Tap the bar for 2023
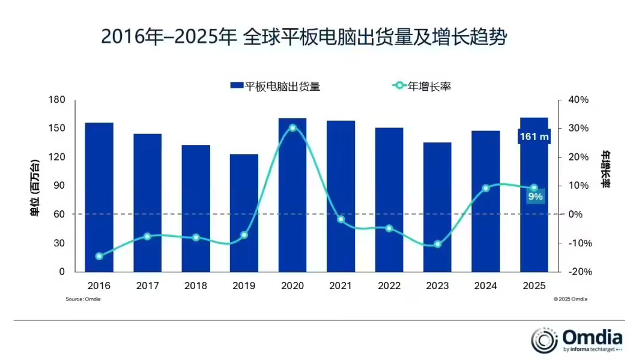coord(437,207)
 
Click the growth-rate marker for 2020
coord(292,127)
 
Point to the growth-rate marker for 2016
coord(99,256)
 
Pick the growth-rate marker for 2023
coord(437,244)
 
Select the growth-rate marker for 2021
coord(341,219)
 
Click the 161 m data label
coord(534,137)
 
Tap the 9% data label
coord(535,197)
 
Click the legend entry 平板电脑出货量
coord(275,87)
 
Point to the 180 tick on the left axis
coord(56,100)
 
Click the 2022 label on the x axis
coord(389,286)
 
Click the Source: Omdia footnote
coord(83,299)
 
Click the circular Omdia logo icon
coord(545,340)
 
